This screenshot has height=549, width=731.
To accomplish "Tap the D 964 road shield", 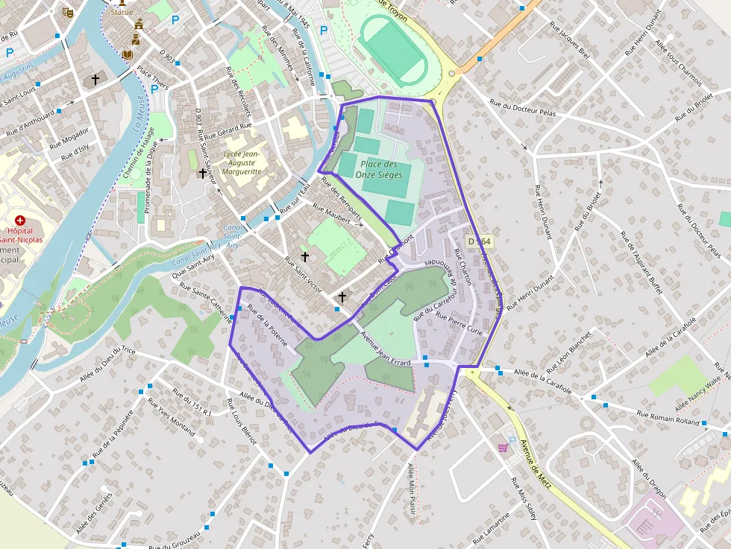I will (x=480, y=241).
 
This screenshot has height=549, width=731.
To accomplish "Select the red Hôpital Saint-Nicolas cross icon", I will (x=20, y=221).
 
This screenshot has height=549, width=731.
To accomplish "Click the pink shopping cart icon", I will (x=503, y=447).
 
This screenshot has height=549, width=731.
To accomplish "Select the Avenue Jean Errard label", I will (x=386, y=348).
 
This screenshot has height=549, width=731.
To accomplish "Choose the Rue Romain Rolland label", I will (x=669, y=418).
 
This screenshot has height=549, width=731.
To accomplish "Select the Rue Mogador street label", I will (x=70, y=138).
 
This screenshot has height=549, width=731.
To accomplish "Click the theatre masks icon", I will (x=68, y=12).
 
